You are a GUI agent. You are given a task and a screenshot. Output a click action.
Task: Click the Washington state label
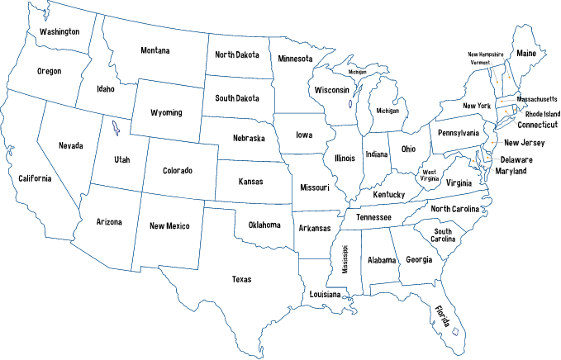tap(59, 32)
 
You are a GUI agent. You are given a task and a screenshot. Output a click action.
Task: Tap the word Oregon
tap(49, 71)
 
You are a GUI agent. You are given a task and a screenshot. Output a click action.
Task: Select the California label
tap(35, 178)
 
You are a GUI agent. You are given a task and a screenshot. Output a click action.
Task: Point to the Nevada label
tap(70, 146)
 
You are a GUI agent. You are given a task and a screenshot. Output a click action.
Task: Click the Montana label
tap(155, 51)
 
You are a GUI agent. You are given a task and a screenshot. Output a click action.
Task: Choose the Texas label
tap(241, 279)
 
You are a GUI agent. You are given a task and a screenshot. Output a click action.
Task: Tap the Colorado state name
tap(177, 171)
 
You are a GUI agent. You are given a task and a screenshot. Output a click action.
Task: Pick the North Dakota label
tap(237, 54)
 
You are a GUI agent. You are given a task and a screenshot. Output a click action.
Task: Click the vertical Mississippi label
tap(345, 258)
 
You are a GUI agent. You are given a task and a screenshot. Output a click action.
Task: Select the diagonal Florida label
tap(443, 315)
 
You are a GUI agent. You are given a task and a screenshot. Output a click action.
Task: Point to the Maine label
tap(526, 54)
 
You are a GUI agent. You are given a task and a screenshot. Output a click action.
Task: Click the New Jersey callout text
tap(524, 143)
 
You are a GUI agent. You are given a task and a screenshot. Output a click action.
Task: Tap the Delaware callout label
tap(516, 159)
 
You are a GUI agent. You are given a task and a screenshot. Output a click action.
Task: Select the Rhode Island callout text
tap(538, 115)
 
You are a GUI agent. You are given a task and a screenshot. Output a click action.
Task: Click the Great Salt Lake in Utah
tap(115, 130)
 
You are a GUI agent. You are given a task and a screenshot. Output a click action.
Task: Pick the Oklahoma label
tap(264, 225)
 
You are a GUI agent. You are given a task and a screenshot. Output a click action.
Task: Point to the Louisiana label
tap(326, 295)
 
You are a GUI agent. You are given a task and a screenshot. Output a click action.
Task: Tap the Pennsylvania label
tap(459, 133)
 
